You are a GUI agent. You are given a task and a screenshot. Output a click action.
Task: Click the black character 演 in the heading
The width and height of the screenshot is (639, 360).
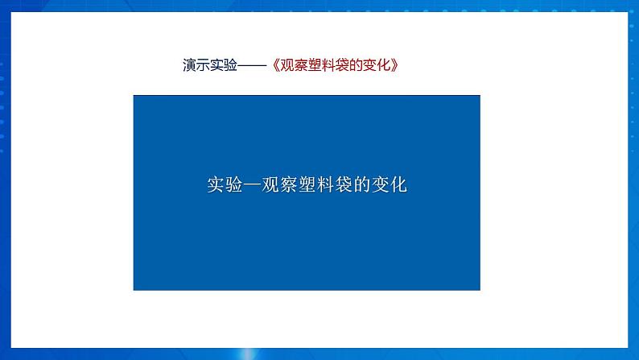(189, 64)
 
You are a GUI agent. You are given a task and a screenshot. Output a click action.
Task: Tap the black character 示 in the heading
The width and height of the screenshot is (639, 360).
(203, 64)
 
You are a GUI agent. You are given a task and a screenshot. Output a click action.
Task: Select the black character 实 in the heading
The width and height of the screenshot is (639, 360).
(216, 64)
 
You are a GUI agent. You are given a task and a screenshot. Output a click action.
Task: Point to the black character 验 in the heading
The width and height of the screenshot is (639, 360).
(230, 64)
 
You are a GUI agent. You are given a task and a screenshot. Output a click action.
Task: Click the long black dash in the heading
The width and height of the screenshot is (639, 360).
(252, 65)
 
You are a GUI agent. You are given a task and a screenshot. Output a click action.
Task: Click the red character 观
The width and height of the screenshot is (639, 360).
(287, 64)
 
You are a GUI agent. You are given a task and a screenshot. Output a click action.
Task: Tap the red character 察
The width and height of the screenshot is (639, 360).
(301, 64)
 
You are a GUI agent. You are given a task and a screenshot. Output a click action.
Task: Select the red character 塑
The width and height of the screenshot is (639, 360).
(315, 64)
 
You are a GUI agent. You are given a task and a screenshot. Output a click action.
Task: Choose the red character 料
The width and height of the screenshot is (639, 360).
(328, 64)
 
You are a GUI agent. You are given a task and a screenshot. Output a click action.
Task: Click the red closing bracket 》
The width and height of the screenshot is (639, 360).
(394, 64)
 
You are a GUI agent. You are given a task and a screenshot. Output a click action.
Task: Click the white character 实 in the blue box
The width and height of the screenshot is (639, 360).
(216, 184)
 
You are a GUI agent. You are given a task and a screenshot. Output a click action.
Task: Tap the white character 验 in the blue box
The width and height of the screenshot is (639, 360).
(234, 184)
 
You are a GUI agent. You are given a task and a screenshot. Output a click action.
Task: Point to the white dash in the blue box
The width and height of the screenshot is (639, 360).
(252, 184)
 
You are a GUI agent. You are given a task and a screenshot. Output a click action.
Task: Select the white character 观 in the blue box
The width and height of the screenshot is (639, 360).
(270, 184)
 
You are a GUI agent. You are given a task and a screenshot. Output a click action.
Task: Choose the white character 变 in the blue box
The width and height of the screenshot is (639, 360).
(380, 184)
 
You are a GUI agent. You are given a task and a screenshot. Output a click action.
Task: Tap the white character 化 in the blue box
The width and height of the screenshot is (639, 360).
(398, 184)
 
